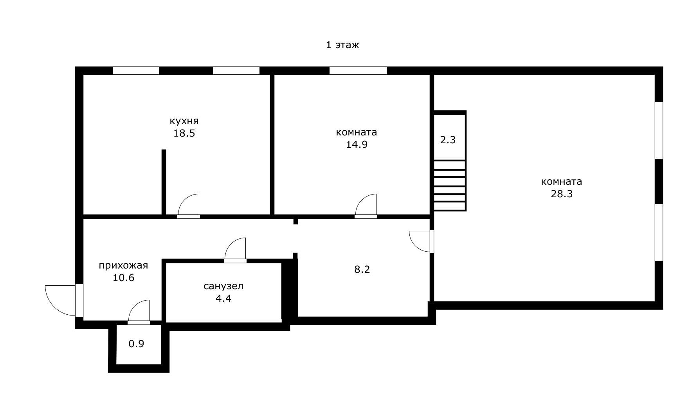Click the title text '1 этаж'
[342, 45]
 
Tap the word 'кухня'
[184, 121]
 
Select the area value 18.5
[184, 133]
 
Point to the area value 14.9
[357, 144]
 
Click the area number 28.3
[562, 194]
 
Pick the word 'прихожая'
[123, 266]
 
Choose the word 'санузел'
[223, 286]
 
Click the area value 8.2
[362, 269]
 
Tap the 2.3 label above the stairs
[448, 140]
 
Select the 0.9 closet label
[137, 344]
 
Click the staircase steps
[450, 186]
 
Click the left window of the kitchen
[136, 71]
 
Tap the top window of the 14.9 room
[358, 71]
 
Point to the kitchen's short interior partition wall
[164, 182]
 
